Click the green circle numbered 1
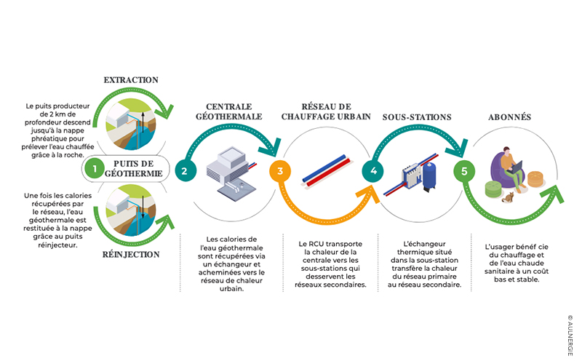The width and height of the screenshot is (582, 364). pyautogui.click(x=95, y=169)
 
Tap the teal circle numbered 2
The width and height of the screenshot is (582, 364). pyautogui.click(x=185, y=171)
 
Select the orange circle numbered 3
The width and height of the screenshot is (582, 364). pyautogui.click(x=280, y=171)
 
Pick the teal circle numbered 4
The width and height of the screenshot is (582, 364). pyautogui.click(x=373, y=171)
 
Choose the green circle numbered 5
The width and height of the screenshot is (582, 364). pyautogui.click(x=464, y=171)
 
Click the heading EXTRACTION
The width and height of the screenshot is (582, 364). pyautogui.click(x=131, y=80)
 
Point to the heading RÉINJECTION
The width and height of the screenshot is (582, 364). pyautogui.click(x=131, y=254)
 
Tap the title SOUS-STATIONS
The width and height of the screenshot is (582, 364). pyautogui.click(x=417, y=117)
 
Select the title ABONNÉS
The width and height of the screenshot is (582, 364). pyautogui.click(x=510, y=117)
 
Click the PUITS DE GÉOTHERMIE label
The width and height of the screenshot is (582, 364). pyautogui.click(x=134, y=169)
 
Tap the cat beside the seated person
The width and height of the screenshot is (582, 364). pyautogui.click(x=508, y=197)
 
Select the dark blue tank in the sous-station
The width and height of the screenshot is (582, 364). pyautogui.click(x=429, y=175)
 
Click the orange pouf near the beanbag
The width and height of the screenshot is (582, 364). pyautogui.click(x=535, y=179)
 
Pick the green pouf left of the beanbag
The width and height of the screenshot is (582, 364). pyautogui.click(x=493, y=189)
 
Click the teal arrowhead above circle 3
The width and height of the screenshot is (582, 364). pyautogui.click(x=270, y=147)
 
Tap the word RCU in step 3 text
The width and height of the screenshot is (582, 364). pyautogui.click(x=316, y=244)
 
